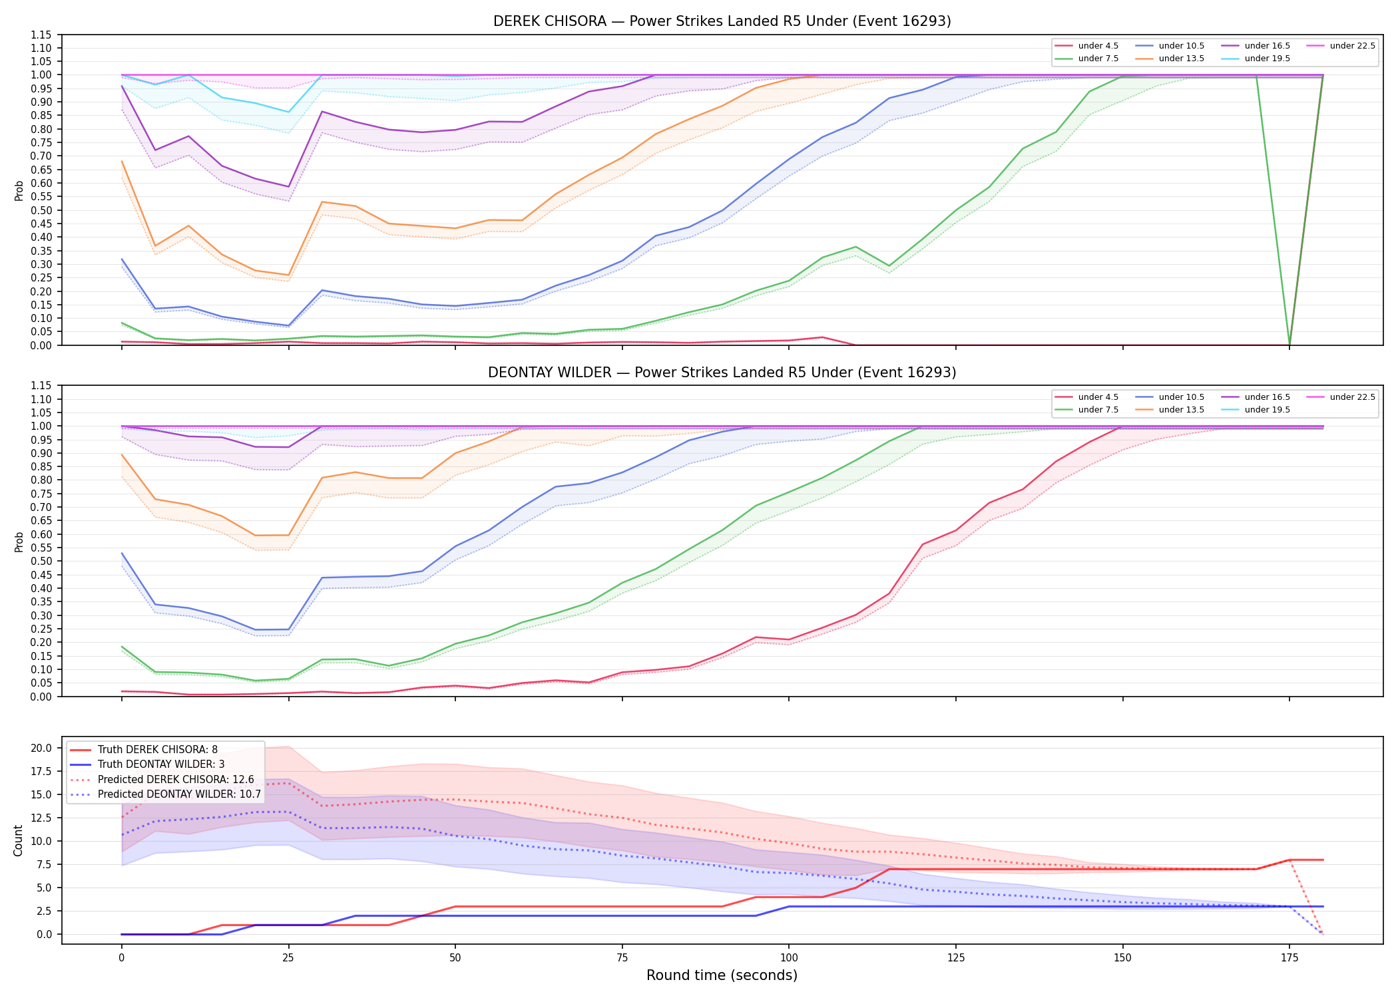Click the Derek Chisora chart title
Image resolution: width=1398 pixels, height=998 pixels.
coord(722,21)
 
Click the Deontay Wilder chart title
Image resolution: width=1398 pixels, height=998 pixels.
coord(722,373)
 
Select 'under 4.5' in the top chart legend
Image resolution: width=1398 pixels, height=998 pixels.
coord(1098,46)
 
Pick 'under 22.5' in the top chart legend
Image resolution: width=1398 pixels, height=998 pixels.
coord(1352,46)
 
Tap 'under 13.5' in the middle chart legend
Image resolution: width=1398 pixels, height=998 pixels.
coord(1181,410)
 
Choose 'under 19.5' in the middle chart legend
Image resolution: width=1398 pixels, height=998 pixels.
coord(1267,410)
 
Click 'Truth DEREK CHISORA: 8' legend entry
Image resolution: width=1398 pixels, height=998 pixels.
coord(157,750)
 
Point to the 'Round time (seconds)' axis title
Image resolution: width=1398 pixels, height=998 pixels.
coord(722,975)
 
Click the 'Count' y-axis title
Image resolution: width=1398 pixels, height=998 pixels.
coord(18,840)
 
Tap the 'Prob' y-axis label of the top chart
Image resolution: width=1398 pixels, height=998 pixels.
coord(19,190)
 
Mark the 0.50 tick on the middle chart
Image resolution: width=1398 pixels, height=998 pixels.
coord(41,562)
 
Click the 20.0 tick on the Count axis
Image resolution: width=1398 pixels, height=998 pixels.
coord(43,748)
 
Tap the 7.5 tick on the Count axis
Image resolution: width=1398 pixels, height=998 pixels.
coord(45,864)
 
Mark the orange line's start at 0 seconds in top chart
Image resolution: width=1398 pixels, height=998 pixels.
coord(122,161)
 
